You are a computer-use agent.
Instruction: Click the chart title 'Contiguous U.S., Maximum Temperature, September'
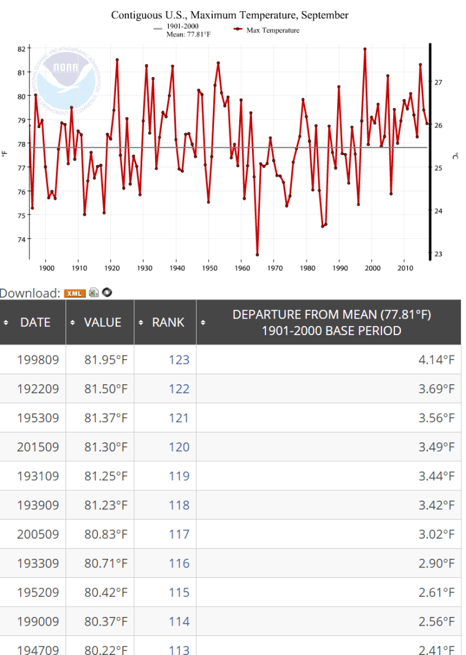[x=229, y=15]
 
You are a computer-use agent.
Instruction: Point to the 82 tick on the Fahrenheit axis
[x=21, y=48]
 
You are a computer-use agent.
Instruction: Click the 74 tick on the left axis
[x=21, y=239]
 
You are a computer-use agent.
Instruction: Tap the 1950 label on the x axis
[x=209, y=268]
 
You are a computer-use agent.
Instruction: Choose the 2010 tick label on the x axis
[x=405, y=268]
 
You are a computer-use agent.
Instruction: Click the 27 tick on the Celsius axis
[x=438, y=81]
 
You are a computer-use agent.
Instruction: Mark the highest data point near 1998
[x=365, y=49]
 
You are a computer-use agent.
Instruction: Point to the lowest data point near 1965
[x=258, y=254]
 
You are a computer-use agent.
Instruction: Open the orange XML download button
[x=75, y=293]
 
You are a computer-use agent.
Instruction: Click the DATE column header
[x=35, y=322]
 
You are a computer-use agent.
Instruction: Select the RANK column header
[x=167, y=322]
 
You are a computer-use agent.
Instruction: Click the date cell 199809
[x=38, y=360]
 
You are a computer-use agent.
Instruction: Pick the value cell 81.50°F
[x=106, y=388]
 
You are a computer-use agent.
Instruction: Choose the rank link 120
[x=179, y=447]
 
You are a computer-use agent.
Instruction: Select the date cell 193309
[x=38, y=563]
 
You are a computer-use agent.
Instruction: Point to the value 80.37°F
[x=106, y=621]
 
